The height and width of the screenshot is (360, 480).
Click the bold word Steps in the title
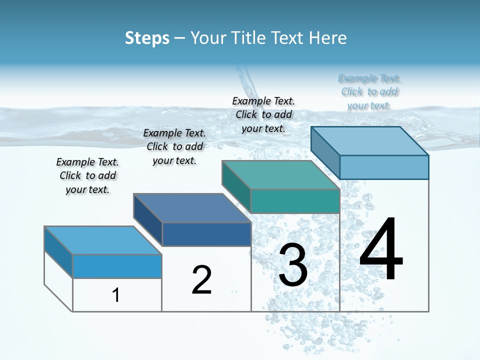147,38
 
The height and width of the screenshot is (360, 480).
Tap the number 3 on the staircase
293,265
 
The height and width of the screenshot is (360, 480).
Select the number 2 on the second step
202,280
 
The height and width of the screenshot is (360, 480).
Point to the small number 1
116,295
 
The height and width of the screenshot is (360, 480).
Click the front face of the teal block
295,201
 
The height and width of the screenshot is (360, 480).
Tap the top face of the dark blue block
192,208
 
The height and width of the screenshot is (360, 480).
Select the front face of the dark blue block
206,234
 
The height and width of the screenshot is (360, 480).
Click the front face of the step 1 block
117,266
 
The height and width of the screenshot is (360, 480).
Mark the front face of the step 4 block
384,167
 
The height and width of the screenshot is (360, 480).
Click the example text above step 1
87,175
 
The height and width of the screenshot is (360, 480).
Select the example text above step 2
174,146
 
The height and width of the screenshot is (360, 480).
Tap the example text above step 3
263,114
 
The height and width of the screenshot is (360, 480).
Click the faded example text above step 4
369,91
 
